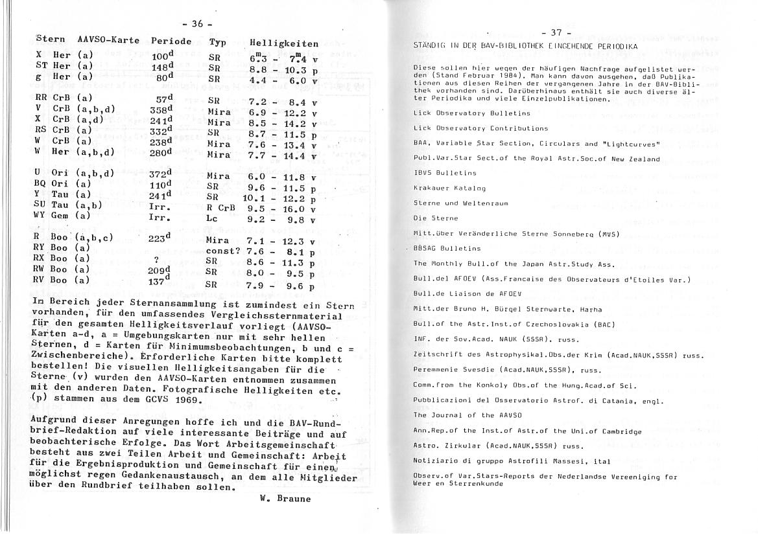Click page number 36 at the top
196,24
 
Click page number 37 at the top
556,33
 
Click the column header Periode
171,40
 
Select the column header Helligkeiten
283,44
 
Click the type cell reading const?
223,251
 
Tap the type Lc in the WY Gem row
213,219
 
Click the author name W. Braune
285,499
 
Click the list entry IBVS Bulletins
445,173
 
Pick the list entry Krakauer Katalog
449,188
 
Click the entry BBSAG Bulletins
447,248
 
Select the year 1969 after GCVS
189,400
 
